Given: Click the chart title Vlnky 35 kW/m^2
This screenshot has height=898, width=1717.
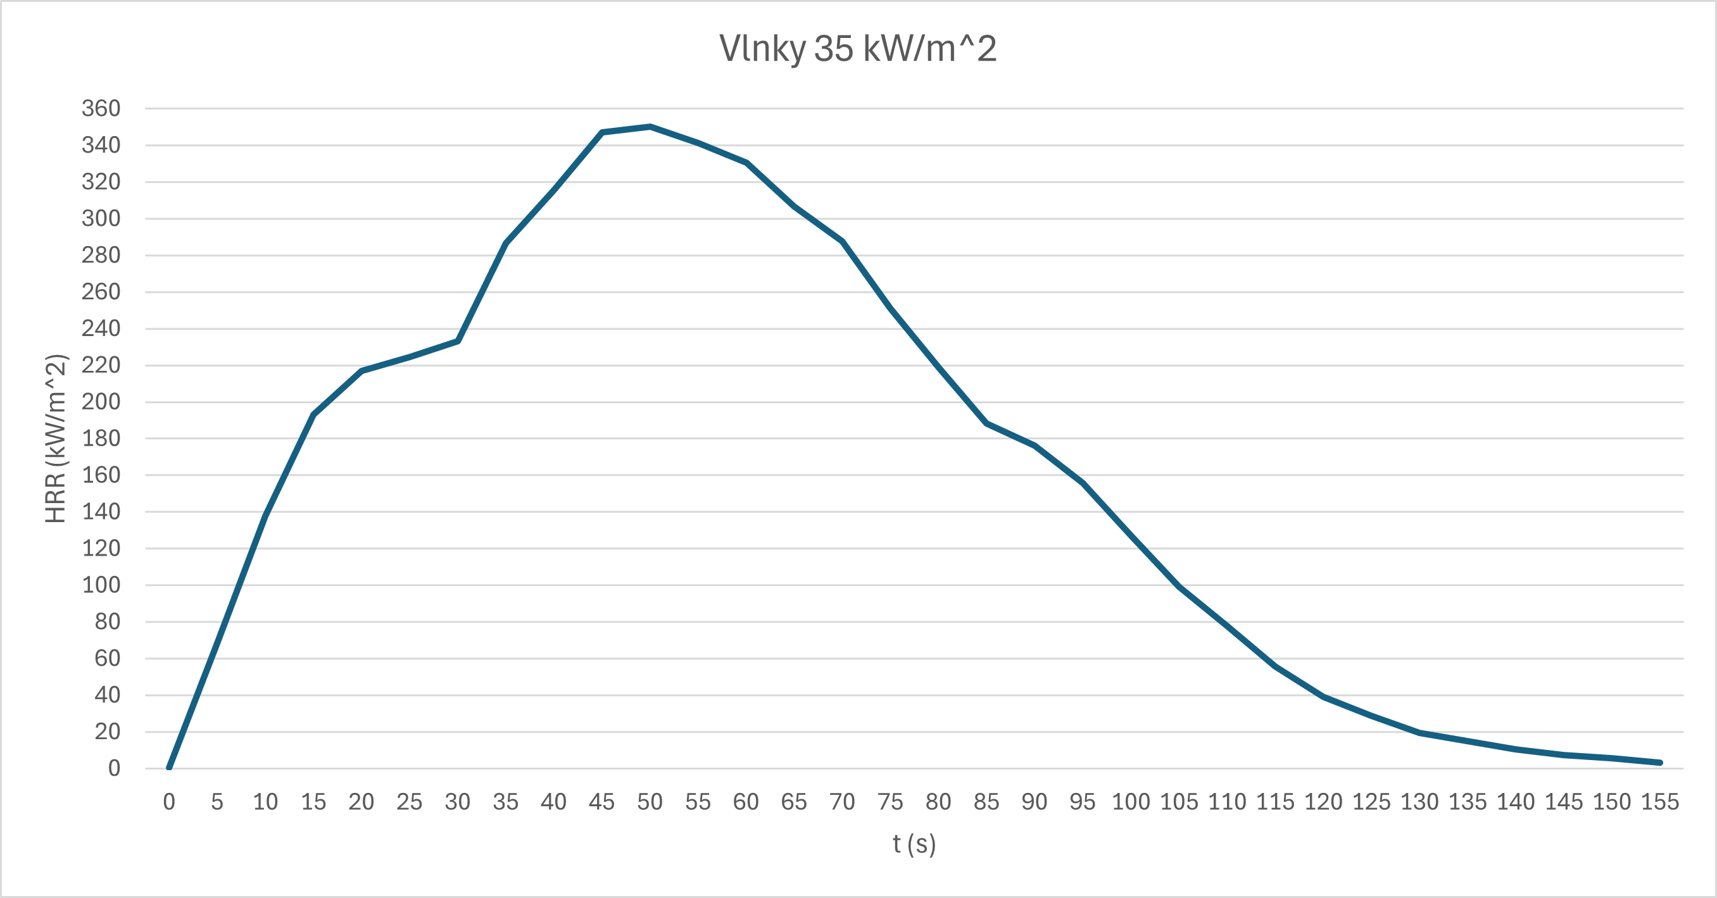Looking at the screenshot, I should point(858,49).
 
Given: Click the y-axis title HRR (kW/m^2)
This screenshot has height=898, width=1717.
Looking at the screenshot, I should point(56,439).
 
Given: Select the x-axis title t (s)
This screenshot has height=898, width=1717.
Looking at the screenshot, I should point(914,844).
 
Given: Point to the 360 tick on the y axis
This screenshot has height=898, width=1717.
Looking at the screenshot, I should point(101,108).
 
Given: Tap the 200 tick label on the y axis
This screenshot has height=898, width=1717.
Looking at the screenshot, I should point(101,402).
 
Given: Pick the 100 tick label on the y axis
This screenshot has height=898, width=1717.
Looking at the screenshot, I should point(101,585).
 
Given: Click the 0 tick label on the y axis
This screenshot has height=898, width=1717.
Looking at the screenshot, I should point(114,768).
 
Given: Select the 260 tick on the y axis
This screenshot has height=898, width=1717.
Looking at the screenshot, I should point(101,292).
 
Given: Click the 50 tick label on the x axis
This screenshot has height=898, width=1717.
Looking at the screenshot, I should point(650,801).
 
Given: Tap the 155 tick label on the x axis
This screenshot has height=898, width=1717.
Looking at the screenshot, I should point(1659,801).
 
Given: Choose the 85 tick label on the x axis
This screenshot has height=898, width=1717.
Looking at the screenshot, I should point(986,801).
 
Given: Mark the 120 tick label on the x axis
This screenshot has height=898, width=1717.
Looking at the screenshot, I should point(1323,801).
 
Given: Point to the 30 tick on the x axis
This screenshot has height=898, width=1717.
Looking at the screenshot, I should point(457,801).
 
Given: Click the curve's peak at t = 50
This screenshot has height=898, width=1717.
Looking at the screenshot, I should point(650,127).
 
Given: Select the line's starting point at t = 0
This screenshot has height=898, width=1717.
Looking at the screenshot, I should point(169,768).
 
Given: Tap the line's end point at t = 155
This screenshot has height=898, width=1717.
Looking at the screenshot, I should point(1659,762).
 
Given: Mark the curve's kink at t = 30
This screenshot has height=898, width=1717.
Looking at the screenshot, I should point(457,341).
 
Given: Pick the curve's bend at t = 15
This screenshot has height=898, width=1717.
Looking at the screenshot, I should point(313,415).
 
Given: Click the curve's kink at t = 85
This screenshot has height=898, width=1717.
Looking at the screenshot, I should point(986,423).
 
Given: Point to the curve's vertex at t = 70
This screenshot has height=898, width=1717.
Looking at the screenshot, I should point(843,241).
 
